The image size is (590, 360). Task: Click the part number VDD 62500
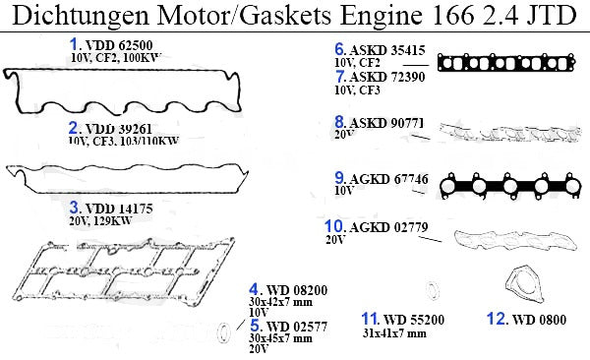[119, 45]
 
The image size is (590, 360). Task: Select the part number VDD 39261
[119, 129]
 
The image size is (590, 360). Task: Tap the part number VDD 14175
[119, 209]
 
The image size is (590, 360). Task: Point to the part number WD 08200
[297, 290]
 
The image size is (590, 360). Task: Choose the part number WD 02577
[297, 327]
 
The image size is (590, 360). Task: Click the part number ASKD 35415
[387, 50]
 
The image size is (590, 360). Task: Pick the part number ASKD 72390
[387, 77]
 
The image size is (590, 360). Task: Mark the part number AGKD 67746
[389, 179]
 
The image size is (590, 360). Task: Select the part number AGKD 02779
[388, 227]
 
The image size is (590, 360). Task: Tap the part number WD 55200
[414, 320]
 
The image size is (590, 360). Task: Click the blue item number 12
[497, 319]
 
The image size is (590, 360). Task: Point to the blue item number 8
[339, 122]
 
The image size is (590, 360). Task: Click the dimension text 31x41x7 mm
[394, 333]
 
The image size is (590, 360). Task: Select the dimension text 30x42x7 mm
[280, 302]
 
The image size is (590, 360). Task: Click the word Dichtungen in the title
[81, 16]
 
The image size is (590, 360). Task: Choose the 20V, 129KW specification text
[100, 220]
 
